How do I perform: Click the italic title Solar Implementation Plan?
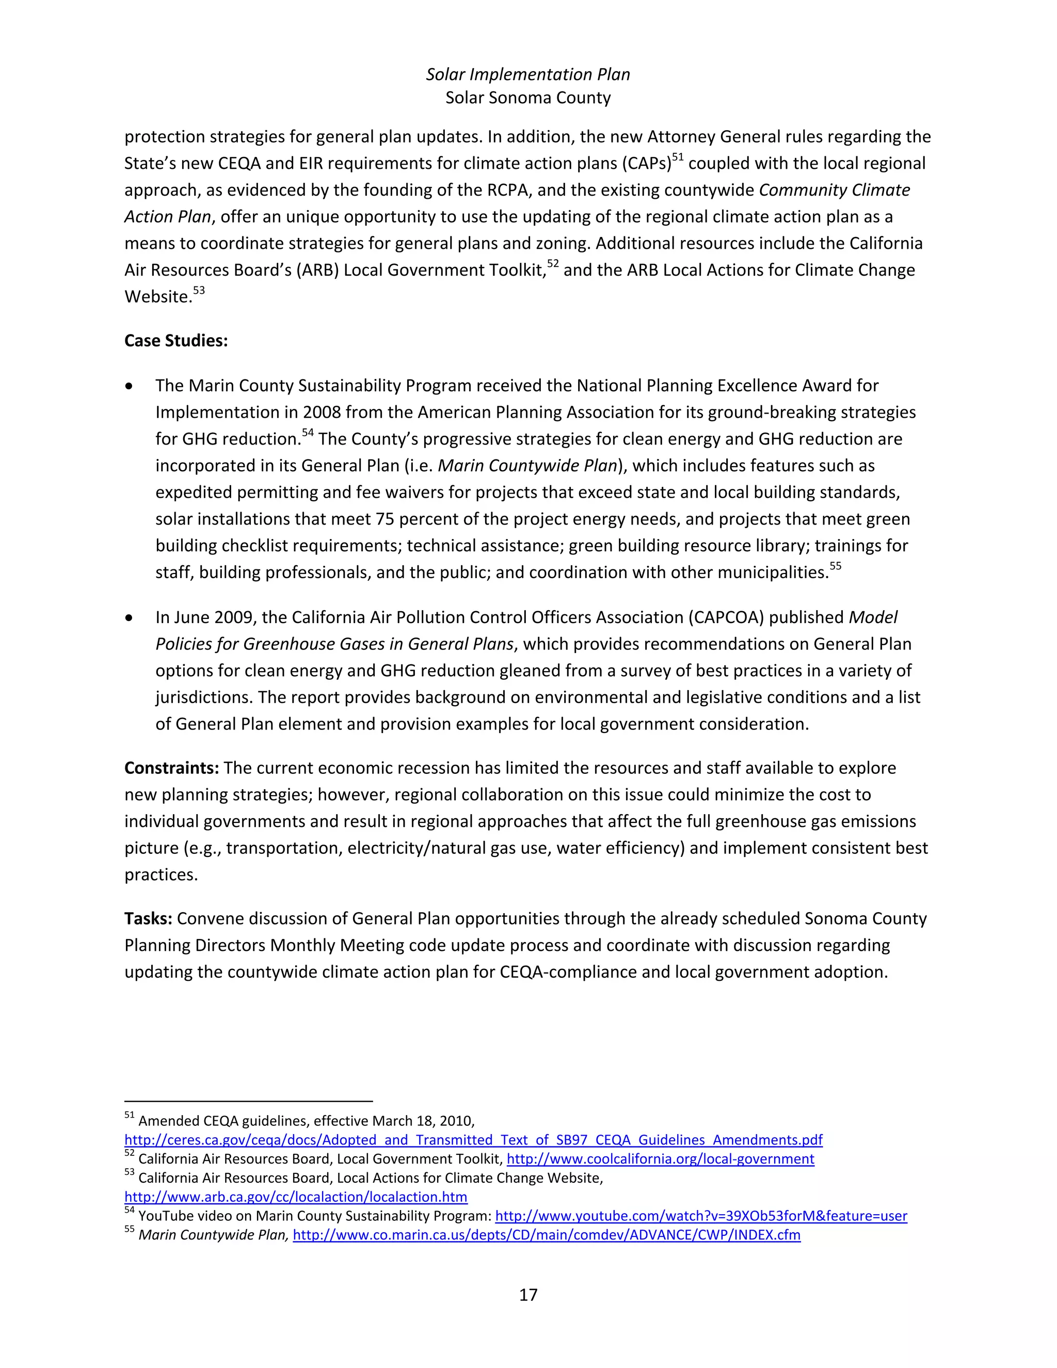(528, 74)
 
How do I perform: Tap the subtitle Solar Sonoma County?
(528, 98)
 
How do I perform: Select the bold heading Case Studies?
(176, 341)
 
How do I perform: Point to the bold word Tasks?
(148, 918)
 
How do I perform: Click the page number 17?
(528, 1295)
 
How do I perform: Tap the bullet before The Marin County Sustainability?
(129, 387)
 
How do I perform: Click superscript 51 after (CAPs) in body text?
(678, 157)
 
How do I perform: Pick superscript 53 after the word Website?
(199, 291)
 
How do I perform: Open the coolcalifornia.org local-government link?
(660, 1159)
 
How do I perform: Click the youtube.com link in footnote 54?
(701, 1216)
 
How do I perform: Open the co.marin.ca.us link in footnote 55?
(546, 1235)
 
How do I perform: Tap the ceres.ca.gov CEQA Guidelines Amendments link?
(473, 1140)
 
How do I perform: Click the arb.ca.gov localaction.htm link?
(296, 1197)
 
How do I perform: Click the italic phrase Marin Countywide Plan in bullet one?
(527, 466)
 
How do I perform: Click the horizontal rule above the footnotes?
(249, 1101)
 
